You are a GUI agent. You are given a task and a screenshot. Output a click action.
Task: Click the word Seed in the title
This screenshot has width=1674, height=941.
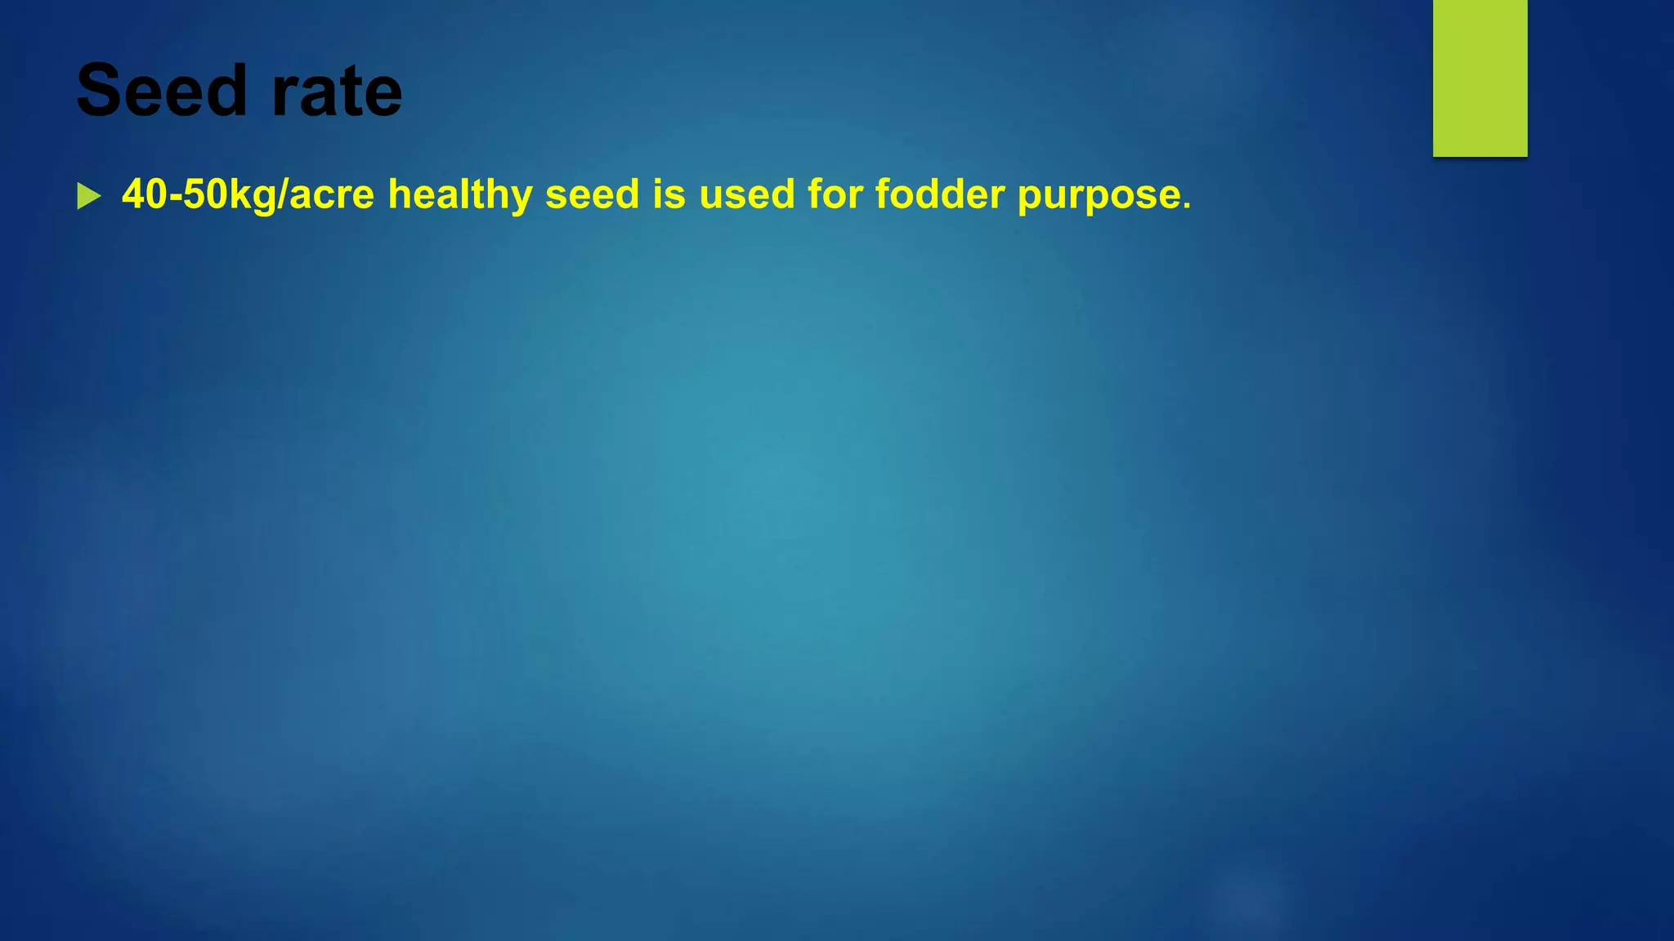coord(161,91)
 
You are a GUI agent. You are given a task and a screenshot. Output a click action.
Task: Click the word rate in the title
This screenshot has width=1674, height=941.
coord(336,92)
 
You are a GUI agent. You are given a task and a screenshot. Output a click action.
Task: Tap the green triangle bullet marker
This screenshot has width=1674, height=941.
coord(88,196)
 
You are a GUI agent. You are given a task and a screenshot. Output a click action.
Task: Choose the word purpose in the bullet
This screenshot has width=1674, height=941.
coord(1099,197)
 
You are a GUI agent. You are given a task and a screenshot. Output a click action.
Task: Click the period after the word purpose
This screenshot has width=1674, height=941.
coord(1187,206)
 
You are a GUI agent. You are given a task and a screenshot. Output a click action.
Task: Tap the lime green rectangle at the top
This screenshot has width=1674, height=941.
coord(1479,78)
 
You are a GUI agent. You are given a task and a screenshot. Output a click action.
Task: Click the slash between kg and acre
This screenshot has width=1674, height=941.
coord(283,194)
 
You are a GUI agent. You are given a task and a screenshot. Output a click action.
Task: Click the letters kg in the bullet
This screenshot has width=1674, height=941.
coord(253,197)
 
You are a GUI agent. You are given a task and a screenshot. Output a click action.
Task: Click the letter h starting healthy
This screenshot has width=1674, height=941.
coord(400,194)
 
